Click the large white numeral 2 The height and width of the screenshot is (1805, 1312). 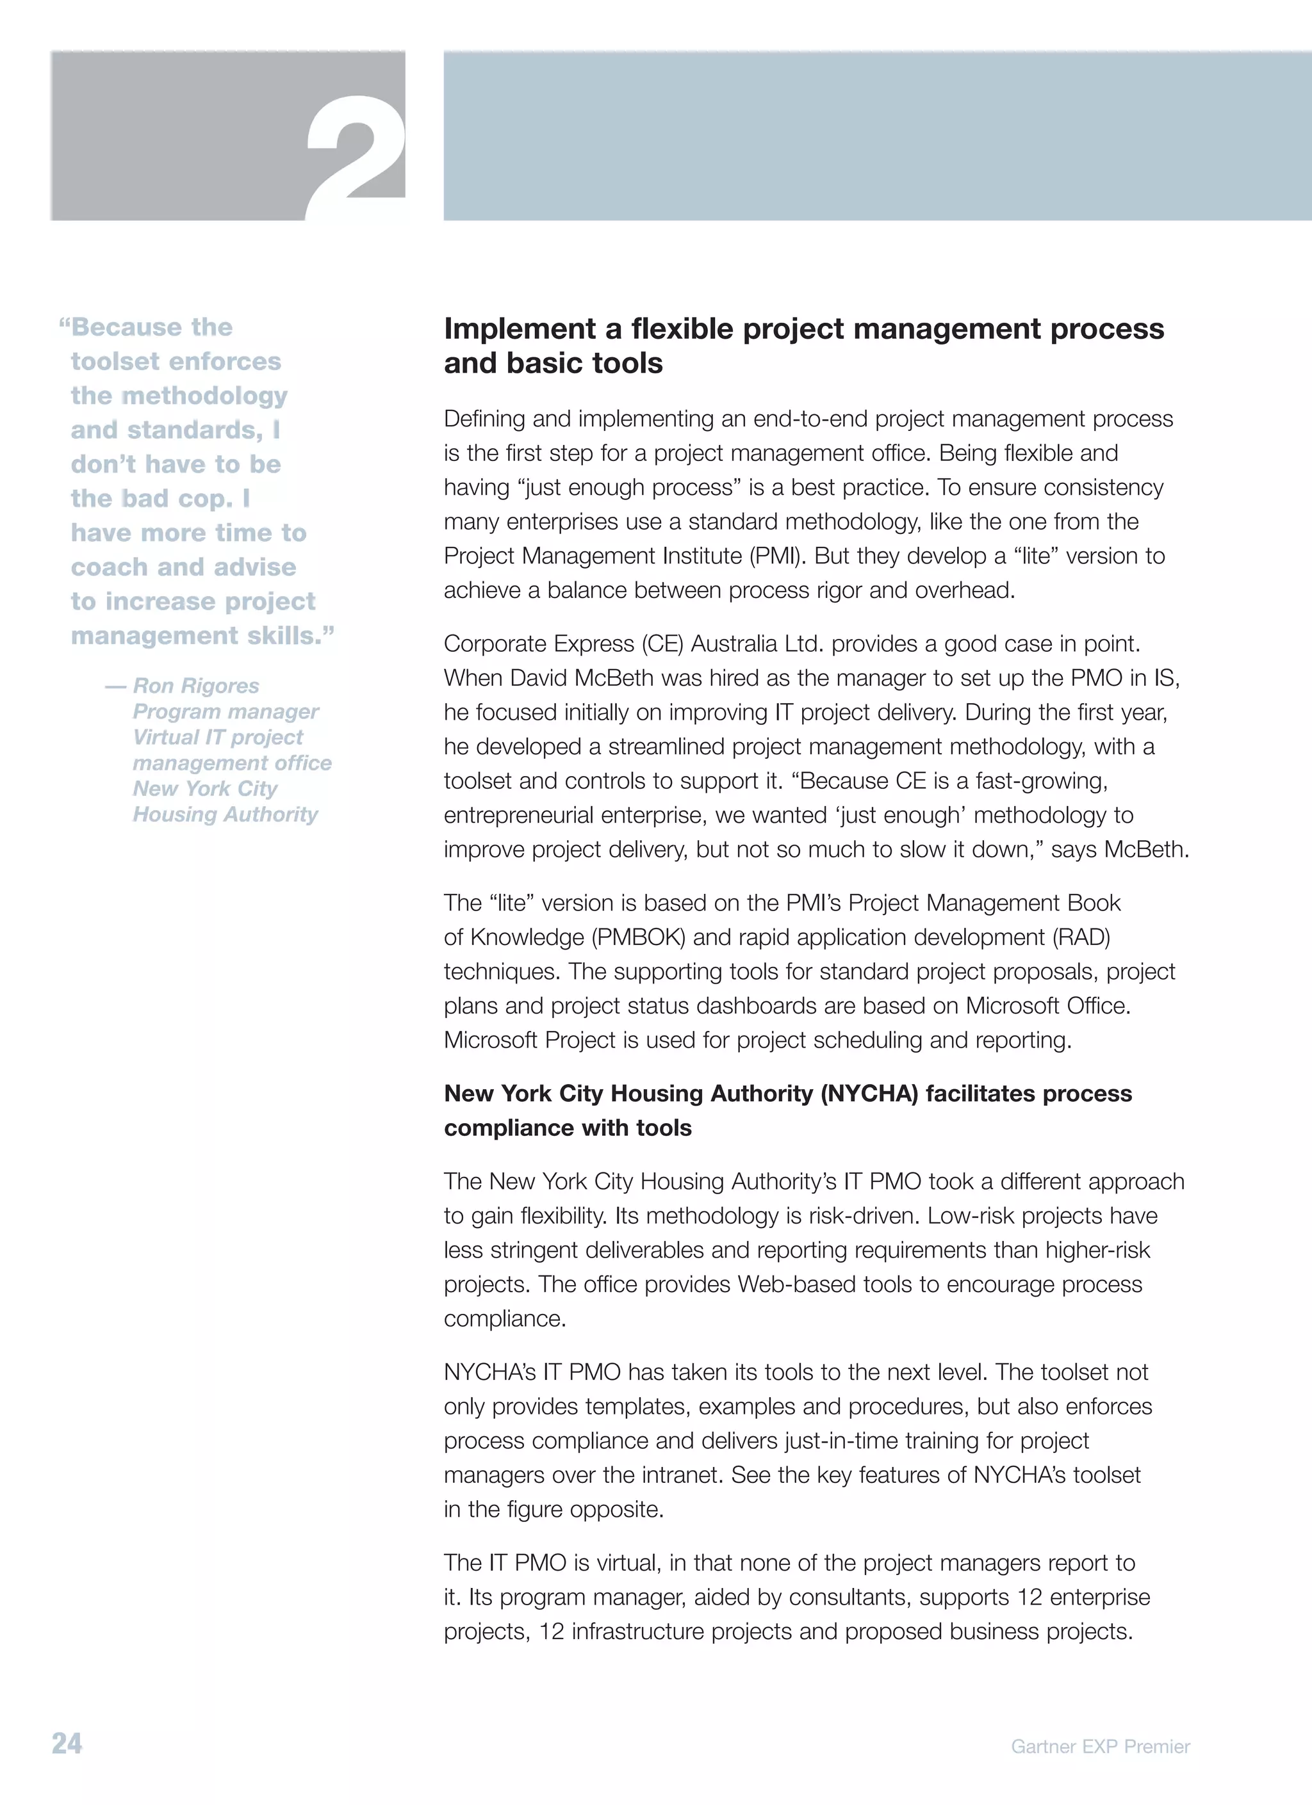coord(356,159)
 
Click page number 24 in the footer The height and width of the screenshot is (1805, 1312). coord(67,1743)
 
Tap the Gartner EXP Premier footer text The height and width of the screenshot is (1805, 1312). coord(1100,1746)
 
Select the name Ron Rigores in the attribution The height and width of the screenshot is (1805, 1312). coord(196,685)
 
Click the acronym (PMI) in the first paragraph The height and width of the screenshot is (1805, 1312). coord(778,556)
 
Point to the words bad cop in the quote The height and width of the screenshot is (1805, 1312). coord(176,498)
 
